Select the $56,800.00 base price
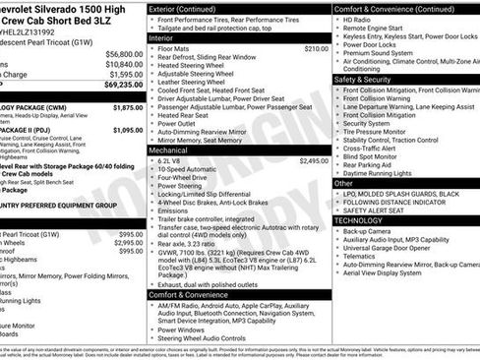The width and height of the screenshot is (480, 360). (124, 54)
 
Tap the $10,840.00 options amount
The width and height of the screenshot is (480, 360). (124, 64)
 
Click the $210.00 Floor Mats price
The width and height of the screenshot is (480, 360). (316, 48)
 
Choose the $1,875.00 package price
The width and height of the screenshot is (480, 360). (128, 107)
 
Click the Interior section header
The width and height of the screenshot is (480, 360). (162, 37)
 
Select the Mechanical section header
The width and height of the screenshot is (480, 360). (168, 150)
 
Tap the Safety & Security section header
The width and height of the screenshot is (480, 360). (370, 80)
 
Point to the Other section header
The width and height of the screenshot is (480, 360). (343, 183)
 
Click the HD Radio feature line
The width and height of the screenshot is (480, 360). (357, 20)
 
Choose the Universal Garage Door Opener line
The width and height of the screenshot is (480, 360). (389, 248)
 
